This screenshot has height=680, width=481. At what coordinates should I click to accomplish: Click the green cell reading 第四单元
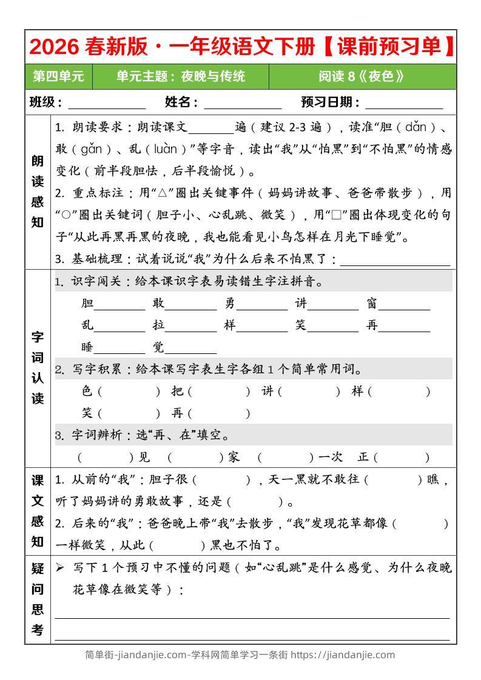point(59,76)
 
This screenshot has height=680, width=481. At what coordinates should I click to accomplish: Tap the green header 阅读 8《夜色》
point(362,76)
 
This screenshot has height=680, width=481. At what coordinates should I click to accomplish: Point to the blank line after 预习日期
point(404,103)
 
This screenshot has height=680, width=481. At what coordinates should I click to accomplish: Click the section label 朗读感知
point(38,192)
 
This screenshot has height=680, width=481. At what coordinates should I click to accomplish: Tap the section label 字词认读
point(38,367)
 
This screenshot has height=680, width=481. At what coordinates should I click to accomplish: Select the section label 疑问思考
point(38,599)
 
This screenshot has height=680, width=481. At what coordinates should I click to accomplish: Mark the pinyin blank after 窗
point(404,304)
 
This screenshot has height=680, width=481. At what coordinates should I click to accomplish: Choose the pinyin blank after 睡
point(119,348)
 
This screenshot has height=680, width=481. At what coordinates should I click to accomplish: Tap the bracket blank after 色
point(129,392)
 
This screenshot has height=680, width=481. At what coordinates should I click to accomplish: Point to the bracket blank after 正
point(403,457)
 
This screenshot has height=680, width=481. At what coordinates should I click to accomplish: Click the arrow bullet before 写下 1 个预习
point(59,568)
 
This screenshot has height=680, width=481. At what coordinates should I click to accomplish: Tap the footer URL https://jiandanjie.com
point(343,655)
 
